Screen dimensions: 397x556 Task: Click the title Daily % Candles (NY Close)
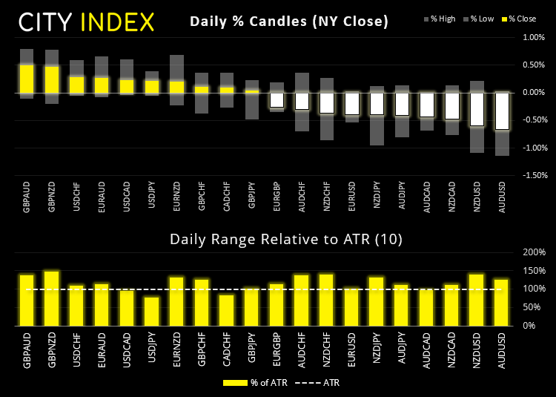(x=289, y=22)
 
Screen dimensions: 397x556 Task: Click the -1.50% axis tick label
(x=532, y=175)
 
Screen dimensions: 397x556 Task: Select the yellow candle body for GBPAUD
(x=27, y=79)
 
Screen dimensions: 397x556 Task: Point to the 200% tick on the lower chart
(x=534, y=252)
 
